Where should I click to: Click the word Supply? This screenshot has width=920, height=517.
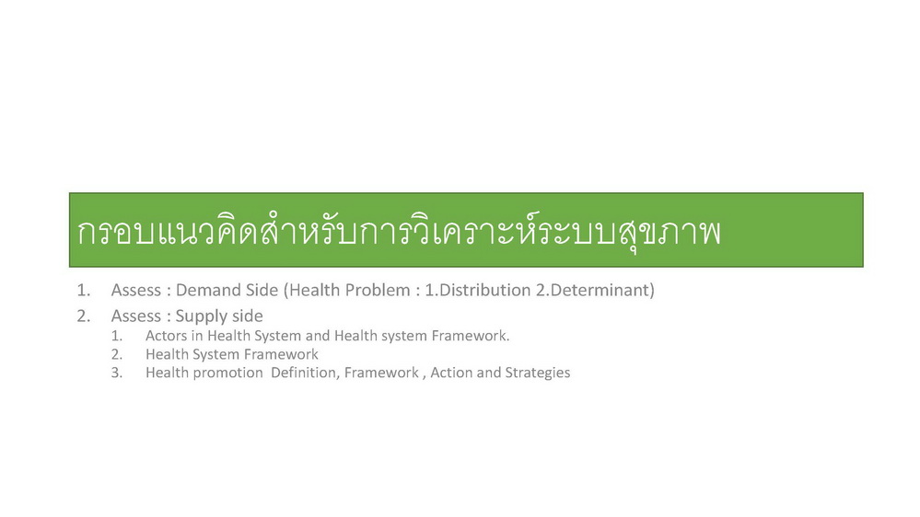[x=201, y=316]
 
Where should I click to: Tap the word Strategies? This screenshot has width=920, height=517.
[x=538, y=373]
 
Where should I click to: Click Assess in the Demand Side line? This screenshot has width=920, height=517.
[x=136, y=290]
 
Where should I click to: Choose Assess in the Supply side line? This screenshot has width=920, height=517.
[x=136, y=316]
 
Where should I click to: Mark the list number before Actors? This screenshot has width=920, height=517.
[x=117, y=336]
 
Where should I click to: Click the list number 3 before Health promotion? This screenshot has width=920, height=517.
[x=117, y=373]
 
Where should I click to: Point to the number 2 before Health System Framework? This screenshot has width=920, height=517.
[x=117, y=354]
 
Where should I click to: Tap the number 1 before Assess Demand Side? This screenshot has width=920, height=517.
[x=83, y=290]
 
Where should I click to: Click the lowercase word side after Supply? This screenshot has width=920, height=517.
[x=247, y=316]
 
